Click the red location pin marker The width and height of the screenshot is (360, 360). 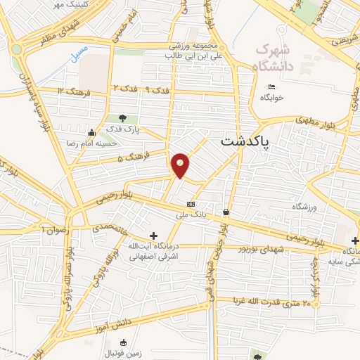(181, 165)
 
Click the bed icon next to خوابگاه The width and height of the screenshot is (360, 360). (272, 86)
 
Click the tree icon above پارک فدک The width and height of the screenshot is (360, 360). (123, 118)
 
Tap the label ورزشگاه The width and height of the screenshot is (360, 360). (305, 209)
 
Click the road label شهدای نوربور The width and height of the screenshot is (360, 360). (253, 249)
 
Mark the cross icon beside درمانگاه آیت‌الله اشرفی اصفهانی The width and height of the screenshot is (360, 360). (153, 235)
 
